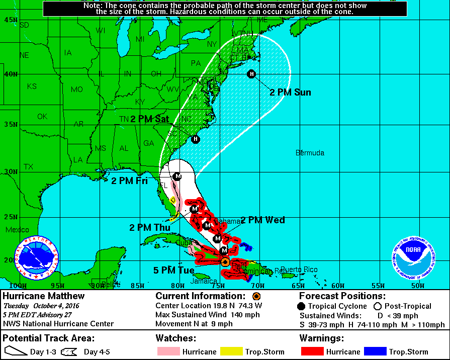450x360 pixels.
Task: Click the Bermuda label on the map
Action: pyautogui.click(x=310, y=153)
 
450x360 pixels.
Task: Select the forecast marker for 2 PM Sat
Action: pyautogui.click(x=195, y=139)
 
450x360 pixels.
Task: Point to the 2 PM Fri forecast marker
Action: pyautogui.click(x=177, y=176)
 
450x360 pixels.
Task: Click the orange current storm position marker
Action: pyautogui.click(x=225, y=261)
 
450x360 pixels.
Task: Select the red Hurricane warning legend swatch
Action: pyautogui.click(x=312, y=351)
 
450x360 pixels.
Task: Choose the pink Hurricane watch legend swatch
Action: pyautogui.click(x=168, y=351)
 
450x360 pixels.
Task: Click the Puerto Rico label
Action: pyautogui.click(x=299, y=269)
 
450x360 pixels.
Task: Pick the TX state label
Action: pyautogui.click(x=28, y=166)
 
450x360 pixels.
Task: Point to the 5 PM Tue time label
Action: pyautogui.click(x=173, y=270)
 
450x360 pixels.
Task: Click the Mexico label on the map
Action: pyautogui.click(x=18, y=230)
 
